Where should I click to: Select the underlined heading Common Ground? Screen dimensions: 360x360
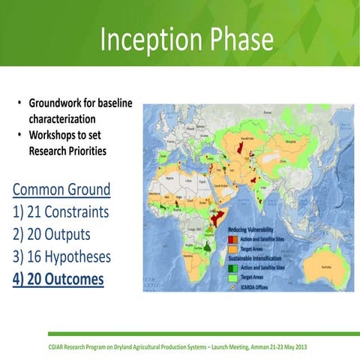[61, 188]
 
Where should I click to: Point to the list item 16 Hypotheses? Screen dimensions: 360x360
[62, 256]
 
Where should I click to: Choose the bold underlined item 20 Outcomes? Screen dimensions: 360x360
[58, 279]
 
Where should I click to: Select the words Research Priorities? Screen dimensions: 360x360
[67, 151]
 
